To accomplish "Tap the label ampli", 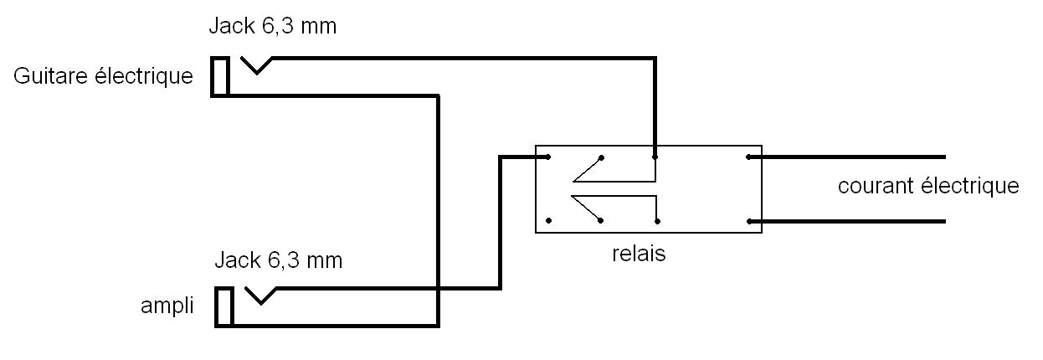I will tap(167, 306).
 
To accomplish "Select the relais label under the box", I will tap(639, 254).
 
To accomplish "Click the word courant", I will tap(876, 186).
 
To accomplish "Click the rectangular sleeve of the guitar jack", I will tap(220, 77).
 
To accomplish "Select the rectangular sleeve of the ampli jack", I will tap(223, 307).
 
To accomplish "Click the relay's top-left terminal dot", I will tap(548, 157).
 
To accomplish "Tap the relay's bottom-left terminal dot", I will tap(548, 221).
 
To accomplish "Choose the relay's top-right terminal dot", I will tap(749, 157).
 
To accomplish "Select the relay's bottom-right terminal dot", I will tap(749, 221).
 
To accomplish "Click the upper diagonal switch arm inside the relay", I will tap(587, 168).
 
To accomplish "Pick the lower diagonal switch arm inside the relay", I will tap(587, 209).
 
